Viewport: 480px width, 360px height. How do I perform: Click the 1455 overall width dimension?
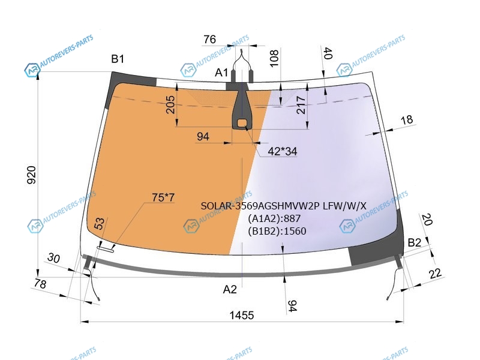point(242,315)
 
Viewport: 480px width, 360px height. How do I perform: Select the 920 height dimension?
point(32,175)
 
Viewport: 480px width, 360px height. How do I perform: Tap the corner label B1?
point(118,58)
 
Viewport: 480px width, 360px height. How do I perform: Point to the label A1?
point(221,73)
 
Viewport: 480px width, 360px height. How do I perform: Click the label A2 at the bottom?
point(230,289)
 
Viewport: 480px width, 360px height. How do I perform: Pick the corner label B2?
point(415,242)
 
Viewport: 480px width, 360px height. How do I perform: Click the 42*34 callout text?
point(282,151)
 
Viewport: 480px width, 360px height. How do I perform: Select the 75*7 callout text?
point(163,197)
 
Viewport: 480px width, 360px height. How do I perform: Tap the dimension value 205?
point(170,104)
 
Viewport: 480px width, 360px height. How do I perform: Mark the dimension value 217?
point(301,105)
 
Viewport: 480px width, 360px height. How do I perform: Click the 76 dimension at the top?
point(209,39)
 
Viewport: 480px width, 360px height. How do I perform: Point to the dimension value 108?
point(274,58)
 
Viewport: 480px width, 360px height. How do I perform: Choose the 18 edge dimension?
point(407,119)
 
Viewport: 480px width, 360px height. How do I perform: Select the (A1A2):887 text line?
point(274,218)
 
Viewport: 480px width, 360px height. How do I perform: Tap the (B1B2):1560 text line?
point(277,231)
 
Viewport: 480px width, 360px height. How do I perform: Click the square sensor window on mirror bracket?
point(242,124)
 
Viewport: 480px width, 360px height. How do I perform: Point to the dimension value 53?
point(99,223)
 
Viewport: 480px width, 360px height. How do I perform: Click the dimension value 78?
point(40,284)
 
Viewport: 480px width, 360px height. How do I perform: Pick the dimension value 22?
point(436,273)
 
